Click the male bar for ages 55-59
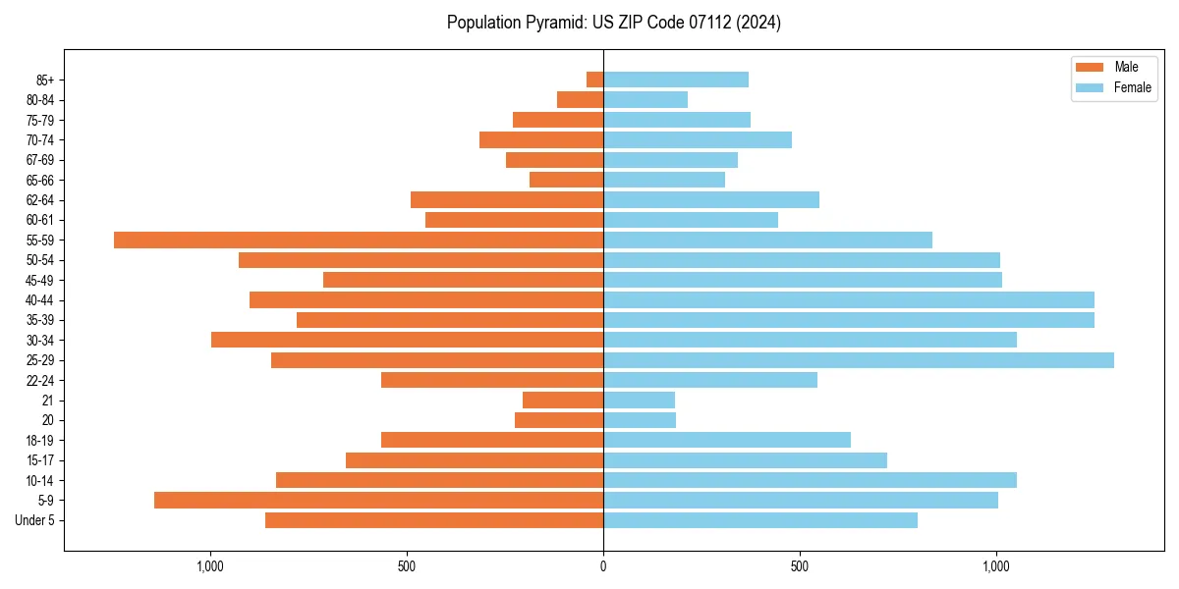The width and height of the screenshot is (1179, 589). [359, 240]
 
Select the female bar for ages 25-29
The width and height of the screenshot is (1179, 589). [859, 360]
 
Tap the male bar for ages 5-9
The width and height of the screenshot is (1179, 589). [378, 500]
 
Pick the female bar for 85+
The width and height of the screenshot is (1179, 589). [676, 80]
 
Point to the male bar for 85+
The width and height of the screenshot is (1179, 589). [594, 80]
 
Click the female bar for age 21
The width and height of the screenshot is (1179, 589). [639, 400]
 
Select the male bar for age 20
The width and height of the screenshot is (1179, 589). [559, 420]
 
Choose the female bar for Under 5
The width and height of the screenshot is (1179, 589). [760, 520]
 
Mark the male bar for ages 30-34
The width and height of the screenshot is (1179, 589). [407, 340]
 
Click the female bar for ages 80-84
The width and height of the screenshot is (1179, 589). [646, 99]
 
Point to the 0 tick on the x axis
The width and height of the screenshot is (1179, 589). [603, 566]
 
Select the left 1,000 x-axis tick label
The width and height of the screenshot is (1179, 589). [210, 566]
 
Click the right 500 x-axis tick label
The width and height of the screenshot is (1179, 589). [800, 566]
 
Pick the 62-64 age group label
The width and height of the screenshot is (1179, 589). [40, 200]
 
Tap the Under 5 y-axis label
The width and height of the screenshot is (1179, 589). [35, 520]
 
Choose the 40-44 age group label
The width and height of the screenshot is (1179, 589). [40, 300]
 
